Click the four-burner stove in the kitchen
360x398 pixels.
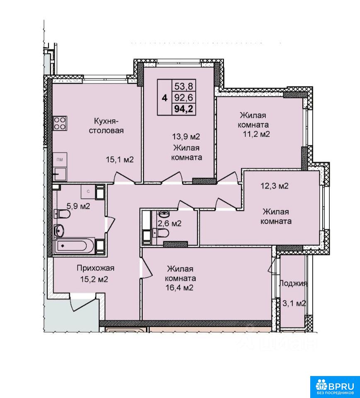pyautogui.click(x=60, y=123)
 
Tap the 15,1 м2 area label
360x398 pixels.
pyautogui.click(x=120, y=160)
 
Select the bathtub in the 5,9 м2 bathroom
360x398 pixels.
pyautogui.click(x=74, y=245)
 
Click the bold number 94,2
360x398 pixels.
pyautogui.click(x=184, y=109)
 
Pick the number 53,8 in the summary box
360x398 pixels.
pyautogui.click(x=184, y=87)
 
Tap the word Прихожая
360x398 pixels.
pyautogui.click(x=95, y=268)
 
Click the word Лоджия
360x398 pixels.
pyautogui.click(x=293, y=284)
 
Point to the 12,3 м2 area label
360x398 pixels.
pyautogui.click(x=275, y=186)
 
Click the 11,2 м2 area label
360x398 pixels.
pyautogui.click(x=256, y=134)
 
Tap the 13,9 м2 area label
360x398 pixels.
pyautogui.click(x=186, y=137)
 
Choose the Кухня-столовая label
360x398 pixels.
pyautogui.click(x=106, y=126)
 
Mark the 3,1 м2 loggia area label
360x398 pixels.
pyautogui.click(x=294, y=303)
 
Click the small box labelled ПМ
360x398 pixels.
pyautogui.click(x=60, y=160)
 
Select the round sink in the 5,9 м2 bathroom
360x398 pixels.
pyautogui.click(x=59, y=231)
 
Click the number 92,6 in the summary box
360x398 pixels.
pyautogui.click(x=184, y=97)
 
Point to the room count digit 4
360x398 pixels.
pyautogui.click(x=165, y=98)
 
